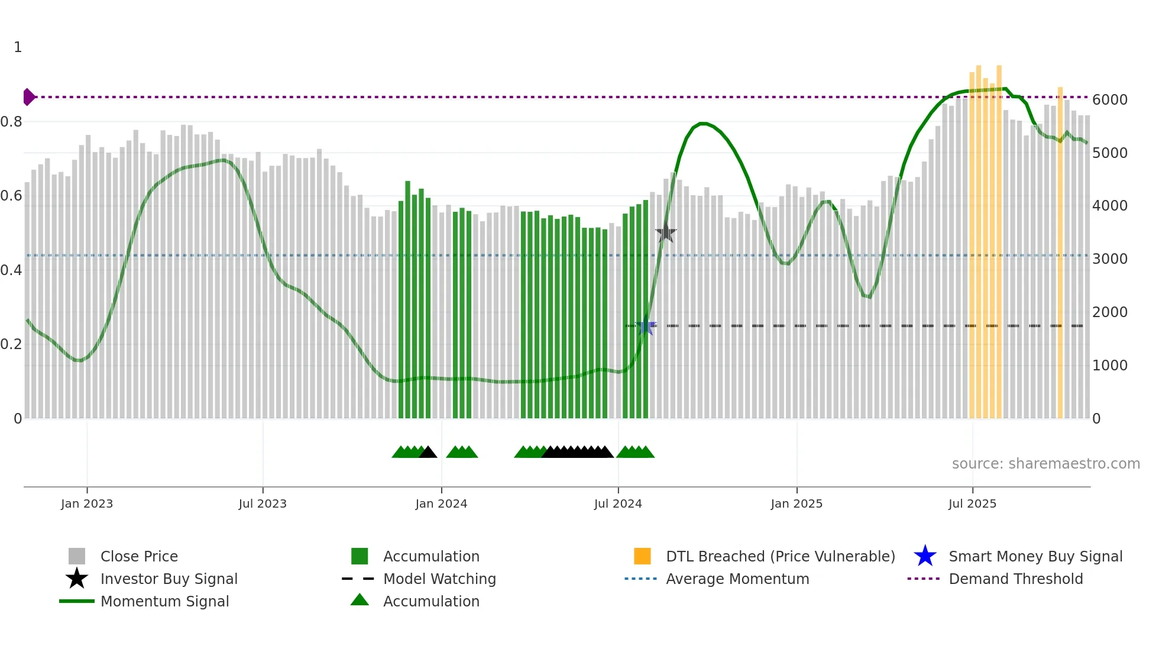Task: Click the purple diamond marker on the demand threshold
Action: (28, 97)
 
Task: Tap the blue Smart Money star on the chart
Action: (646, 326)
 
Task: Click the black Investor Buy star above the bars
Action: (666, 233)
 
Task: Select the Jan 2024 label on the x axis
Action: (441, 504)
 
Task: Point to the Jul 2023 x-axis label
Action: (263, 504)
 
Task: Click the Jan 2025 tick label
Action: (797, 504)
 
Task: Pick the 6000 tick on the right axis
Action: (1109, 100)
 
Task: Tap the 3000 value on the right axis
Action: (1109, 259)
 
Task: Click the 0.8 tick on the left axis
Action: (11, 122)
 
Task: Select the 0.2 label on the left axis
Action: (11, 344)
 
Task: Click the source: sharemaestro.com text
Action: (1045, 464)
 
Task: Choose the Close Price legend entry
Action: (139, 557)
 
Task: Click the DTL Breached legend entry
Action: (780, 557)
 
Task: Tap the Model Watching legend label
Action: (439, 579)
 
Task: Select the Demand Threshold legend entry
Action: (1015, 579)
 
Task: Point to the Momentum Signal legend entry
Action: (164, 602)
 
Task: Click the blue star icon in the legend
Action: (925, 557)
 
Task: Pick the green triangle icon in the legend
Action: (360, 601)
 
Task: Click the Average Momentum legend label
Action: (737, 579)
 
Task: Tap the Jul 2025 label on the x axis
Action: (972, 504)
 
